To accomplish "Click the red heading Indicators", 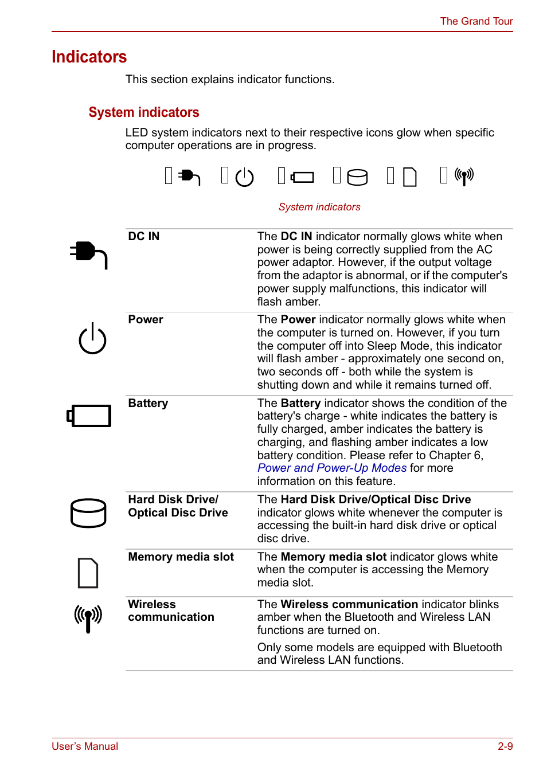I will click(89, 57).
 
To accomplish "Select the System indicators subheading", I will click(144, 112).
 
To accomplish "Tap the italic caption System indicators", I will click(319, 207).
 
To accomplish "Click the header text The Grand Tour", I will click(476, 21).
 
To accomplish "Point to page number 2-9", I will click(505, 746).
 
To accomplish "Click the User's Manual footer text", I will click(85, 746).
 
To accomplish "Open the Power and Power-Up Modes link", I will click(332, 468).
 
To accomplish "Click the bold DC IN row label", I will click(144, 236).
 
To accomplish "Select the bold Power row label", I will click(146, 319).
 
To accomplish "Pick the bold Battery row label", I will click(148, 403).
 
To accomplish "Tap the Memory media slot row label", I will click(181, 557).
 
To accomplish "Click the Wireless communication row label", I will click(171, 610).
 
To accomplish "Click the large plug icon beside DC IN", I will click(88, 254).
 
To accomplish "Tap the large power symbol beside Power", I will click(92, 339).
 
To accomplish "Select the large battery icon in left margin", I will click(89, 416).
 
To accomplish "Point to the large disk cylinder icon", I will click(88, 512).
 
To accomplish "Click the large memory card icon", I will click(88, 573).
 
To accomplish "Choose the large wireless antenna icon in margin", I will click(88, 618).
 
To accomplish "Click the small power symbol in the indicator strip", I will click(244, 177).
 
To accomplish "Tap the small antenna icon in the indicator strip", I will click(464, 175).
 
